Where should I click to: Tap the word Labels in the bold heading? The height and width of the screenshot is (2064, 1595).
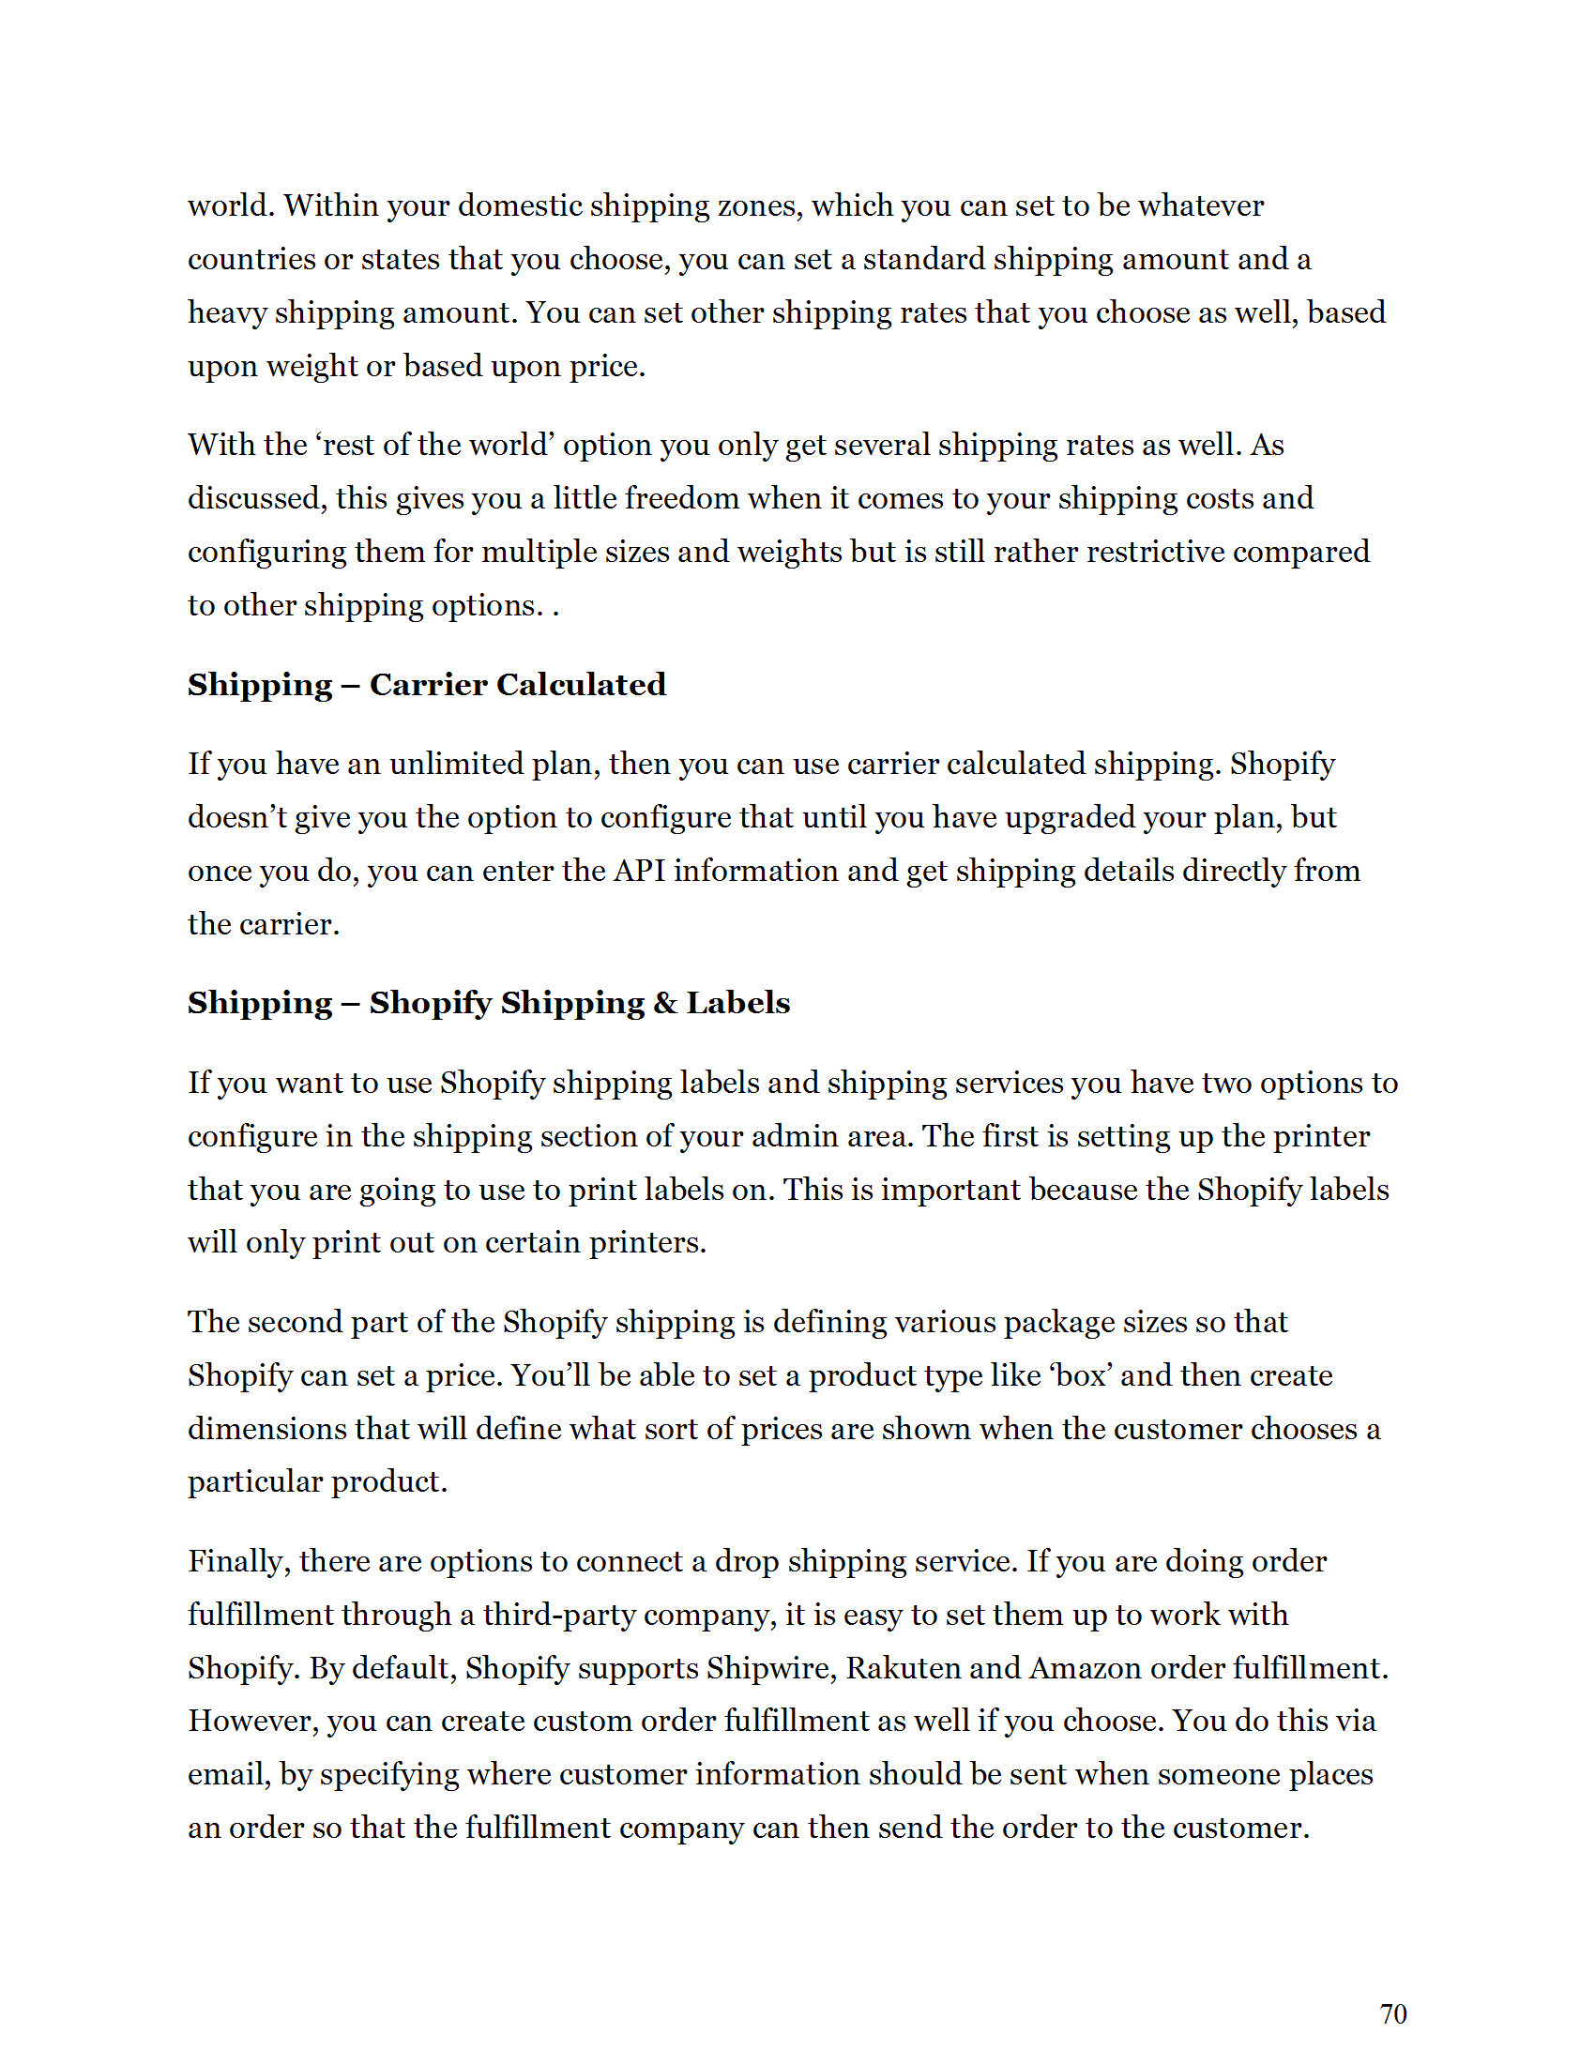pos(738,1003)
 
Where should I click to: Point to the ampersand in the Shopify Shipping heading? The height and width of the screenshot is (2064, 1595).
pos(665,1003)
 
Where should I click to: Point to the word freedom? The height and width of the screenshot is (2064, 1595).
pos(681,499)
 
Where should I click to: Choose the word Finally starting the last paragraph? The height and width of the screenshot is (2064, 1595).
pos(239,1562)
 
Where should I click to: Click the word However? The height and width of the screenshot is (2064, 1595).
pos(252,1721)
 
